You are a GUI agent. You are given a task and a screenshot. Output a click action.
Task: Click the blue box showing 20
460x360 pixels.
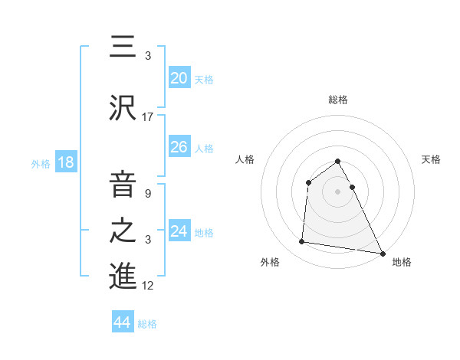tap(179, 77)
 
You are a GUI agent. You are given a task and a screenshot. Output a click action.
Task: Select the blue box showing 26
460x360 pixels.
tap(179, 147)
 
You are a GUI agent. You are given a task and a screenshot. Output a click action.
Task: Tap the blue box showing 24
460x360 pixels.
tap(179, 231)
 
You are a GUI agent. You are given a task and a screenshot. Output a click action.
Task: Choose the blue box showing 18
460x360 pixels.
tap(65, 162)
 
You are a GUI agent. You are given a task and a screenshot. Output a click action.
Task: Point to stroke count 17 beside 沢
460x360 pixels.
tap(148, 117)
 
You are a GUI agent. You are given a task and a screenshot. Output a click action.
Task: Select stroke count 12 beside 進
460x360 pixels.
tap(148, 286)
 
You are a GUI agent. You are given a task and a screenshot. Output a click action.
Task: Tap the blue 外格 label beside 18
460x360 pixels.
tap(41, 163)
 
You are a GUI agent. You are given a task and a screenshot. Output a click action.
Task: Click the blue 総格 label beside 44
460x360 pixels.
tap(147, 324)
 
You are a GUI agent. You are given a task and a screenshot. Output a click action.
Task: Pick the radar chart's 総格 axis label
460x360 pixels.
tap(338, 100)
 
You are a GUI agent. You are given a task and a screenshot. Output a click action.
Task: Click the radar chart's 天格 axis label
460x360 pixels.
tap(432, 159)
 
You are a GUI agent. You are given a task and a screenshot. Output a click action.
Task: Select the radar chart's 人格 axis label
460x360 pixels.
tap(245, 159)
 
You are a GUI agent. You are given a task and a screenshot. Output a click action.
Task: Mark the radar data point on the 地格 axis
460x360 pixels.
tap(382, 252)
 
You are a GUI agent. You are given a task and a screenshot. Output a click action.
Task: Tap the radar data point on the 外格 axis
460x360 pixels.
tap(302, 242)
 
